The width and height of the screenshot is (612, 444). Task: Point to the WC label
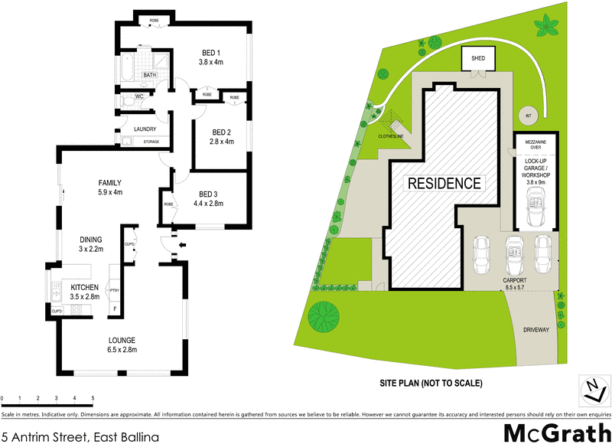pos(139,97)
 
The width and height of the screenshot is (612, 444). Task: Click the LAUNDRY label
pos(145,129)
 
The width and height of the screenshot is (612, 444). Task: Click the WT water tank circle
pos(527,116)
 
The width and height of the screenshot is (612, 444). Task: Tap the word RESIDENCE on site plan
pos(444,184)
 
